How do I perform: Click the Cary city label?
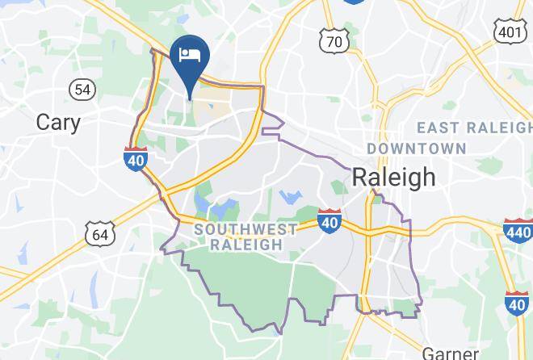coord(58,122)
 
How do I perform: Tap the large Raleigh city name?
coord(394,177)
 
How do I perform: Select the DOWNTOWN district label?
coord(417,149)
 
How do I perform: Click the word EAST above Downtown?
coord(440,128)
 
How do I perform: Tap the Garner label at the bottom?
coord(450,353)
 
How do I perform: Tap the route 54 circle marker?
coord(82,89)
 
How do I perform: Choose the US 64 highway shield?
coord(101,235)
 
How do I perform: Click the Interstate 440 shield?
coord(517,230)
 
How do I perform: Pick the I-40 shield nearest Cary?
coord(136,159)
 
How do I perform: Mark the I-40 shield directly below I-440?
coord(517,303)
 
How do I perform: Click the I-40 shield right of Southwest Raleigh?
coord(329,221)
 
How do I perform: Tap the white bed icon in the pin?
coord(191,55)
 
